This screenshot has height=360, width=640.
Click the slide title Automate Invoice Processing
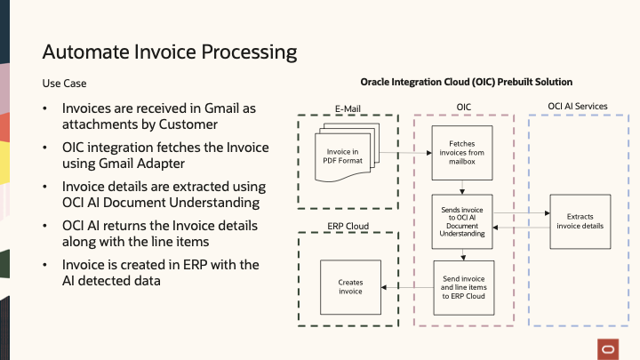point(169,52)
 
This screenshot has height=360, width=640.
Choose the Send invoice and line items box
point(462,286)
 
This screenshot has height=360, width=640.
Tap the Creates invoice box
point(350,286)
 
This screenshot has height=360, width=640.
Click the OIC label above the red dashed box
point(463,107)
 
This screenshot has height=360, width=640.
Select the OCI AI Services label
point(578,107)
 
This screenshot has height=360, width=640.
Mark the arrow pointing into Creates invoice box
point(406,286)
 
